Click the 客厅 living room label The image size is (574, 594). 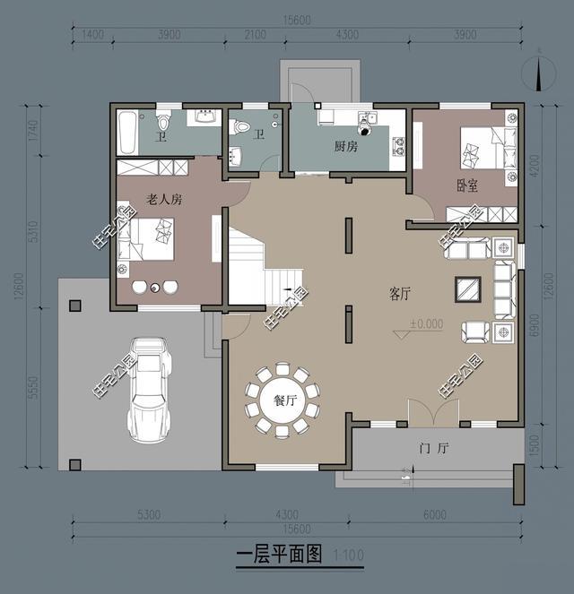pyautogui.click(x=400, y=293)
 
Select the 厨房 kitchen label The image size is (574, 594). pyautogui.click(x=346, y=146)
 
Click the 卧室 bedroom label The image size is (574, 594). pyautogui.click(x=466, y=185)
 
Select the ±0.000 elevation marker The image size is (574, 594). pyautogui.click(x=424, y=324)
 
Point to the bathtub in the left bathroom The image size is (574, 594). pyautogui.click(x=126, y=133)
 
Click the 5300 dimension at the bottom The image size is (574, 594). pyautogui.click(x=148, y=515)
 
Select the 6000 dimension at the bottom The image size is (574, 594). pyautogui.click(x=433, y=515)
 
